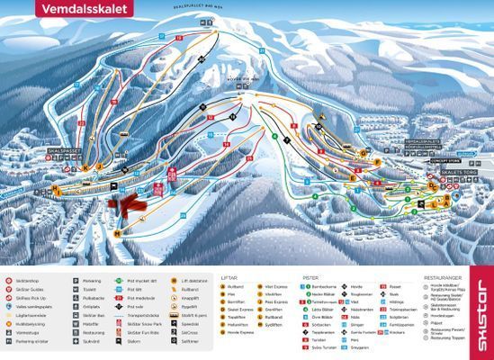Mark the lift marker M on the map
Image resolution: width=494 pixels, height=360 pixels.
tap(117, 232)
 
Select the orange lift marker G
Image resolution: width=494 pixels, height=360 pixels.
tap(363, 153)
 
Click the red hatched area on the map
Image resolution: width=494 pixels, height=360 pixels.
tap(129, 203)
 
